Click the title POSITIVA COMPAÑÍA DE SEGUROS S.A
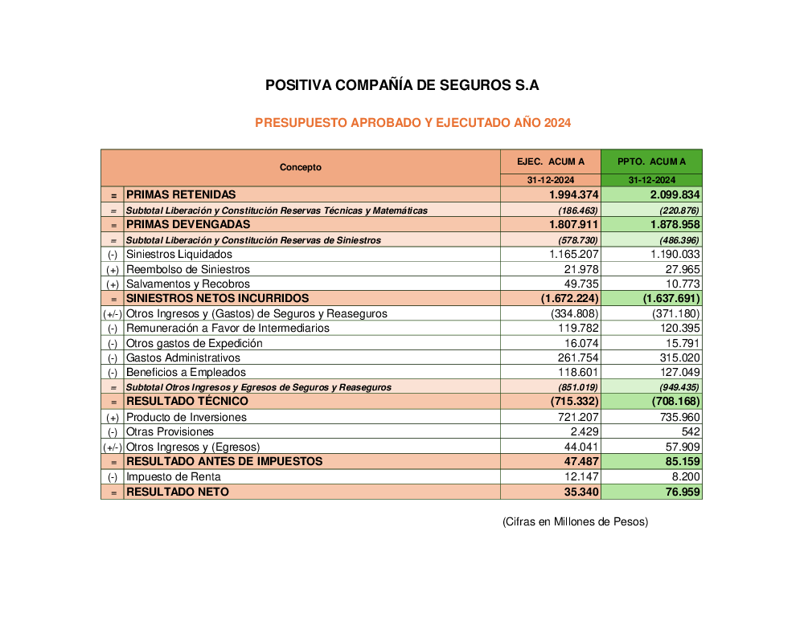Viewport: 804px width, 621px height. pyautogui.click(x=402, y=85)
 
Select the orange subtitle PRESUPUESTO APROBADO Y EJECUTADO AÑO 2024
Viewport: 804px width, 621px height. pyautogui.click(x=412, y=123)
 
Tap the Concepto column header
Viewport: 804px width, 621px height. pyautogui.click(x=301, y=168)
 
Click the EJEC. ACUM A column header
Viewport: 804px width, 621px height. pyautogui.click(x=551, y=161)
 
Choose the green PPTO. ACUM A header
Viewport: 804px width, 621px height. pyautogui.click(x=651, y=161)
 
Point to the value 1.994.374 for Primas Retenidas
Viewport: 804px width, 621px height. pyautogui.click(x=572, y=195)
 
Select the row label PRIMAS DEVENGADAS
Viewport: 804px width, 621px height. pyautogui.click(x=188, y=225)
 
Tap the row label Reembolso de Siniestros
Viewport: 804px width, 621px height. pyautogui.click(x=188, y=269)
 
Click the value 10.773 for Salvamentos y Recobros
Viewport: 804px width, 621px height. pyautogui.click(x=682, y=284)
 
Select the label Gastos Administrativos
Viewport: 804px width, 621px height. pyautogui.click(x=183, y=358)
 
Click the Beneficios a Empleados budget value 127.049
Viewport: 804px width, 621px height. pyautogui.click(x=679, y=373)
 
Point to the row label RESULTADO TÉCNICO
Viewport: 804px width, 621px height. pyautogui.click(x=187, y=402)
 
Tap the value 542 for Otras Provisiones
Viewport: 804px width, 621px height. pyautogui.click(x=689, y=432)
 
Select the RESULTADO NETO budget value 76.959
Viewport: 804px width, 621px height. pyautogui.click(x=677, y=492)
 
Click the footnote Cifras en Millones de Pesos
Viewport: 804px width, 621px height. pyautogui.click(x=575, y=522)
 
